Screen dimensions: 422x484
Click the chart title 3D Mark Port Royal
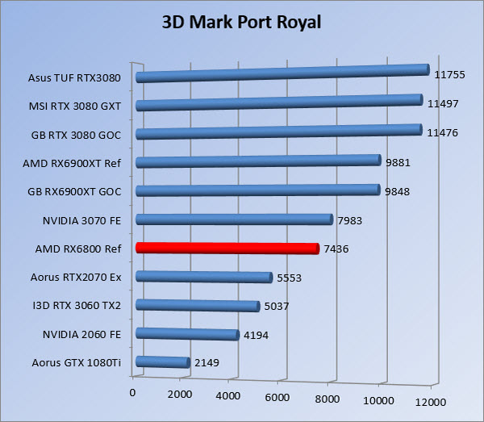tap(242, 22)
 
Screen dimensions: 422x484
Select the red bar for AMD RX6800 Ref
tap(227, 248)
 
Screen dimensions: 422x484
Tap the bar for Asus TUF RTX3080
tap(282, 74)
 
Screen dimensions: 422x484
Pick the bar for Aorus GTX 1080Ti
tap(163, 362)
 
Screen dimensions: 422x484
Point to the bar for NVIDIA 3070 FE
tap(234, 219)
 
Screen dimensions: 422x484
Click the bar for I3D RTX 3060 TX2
tap(198, 305)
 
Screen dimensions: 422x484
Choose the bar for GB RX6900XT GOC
tap(257, 190)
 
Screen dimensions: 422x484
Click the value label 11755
tap(449, 74)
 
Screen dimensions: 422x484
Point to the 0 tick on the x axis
tap(133, 392)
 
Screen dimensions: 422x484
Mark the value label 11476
tap(443, 133)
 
